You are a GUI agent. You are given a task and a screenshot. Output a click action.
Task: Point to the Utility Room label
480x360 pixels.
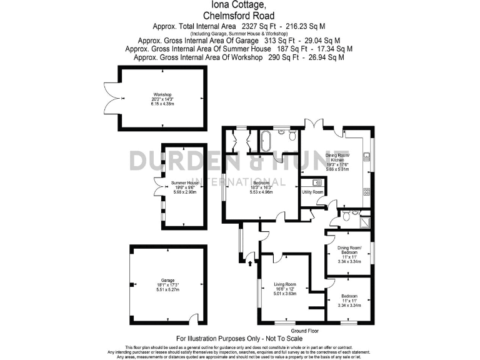313,192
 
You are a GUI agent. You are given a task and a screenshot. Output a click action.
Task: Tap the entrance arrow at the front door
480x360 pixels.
251,264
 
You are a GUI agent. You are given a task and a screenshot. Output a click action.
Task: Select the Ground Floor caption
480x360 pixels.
305,330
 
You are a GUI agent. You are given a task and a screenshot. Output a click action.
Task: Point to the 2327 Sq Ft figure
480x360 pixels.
257,26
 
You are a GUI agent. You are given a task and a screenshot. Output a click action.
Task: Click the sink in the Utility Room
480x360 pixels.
316,182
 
